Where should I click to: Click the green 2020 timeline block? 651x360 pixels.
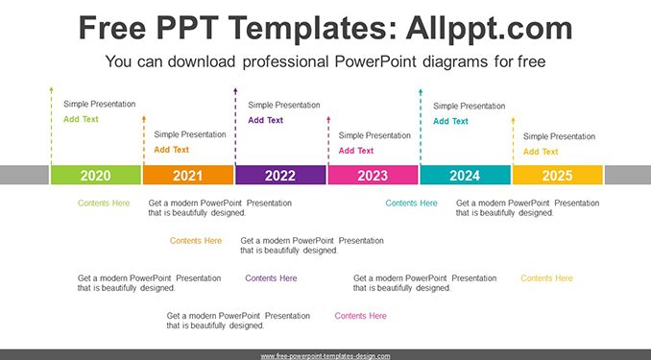tap(96, 175)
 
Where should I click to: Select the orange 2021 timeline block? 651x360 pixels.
tap(188, 175)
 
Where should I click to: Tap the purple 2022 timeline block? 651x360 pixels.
tap(280, 175)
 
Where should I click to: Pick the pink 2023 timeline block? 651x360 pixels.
tap(373, 175)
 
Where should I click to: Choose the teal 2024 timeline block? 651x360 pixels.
tap(466, 175)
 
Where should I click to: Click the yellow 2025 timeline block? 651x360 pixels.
tap(558, 175)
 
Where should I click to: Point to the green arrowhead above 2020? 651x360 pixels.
tap(52, 89)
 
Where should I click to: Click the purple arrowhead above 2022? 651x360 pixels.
tap(235, 90)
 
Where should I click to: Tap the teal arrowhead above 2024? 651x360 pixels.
tap(421, 91)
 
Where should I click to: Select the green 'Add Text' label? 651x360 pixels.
tap(81, 119)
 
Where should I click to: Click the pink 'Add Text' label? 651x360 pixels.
tap(356, 151)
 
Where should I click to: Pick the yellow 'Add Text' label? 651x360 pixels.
tap(541, 152)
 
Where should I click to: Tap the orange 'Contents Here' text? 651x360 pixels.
tap(196, 241)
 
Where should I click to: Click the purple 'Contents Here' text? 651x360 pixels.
tap(271, 278)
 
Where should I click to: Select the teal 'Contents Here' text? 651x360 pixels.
tap(412, 204)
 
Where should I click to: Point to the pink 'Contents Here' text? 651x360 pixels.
tap(360, 316)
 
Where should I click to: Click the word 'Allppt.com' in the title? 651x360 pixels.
tap(489, 28)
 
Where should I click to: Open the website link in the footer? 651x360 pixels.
tap(325, 356)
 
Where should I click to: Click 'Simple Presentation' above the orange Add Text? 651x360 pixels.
tap(190, 134)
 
